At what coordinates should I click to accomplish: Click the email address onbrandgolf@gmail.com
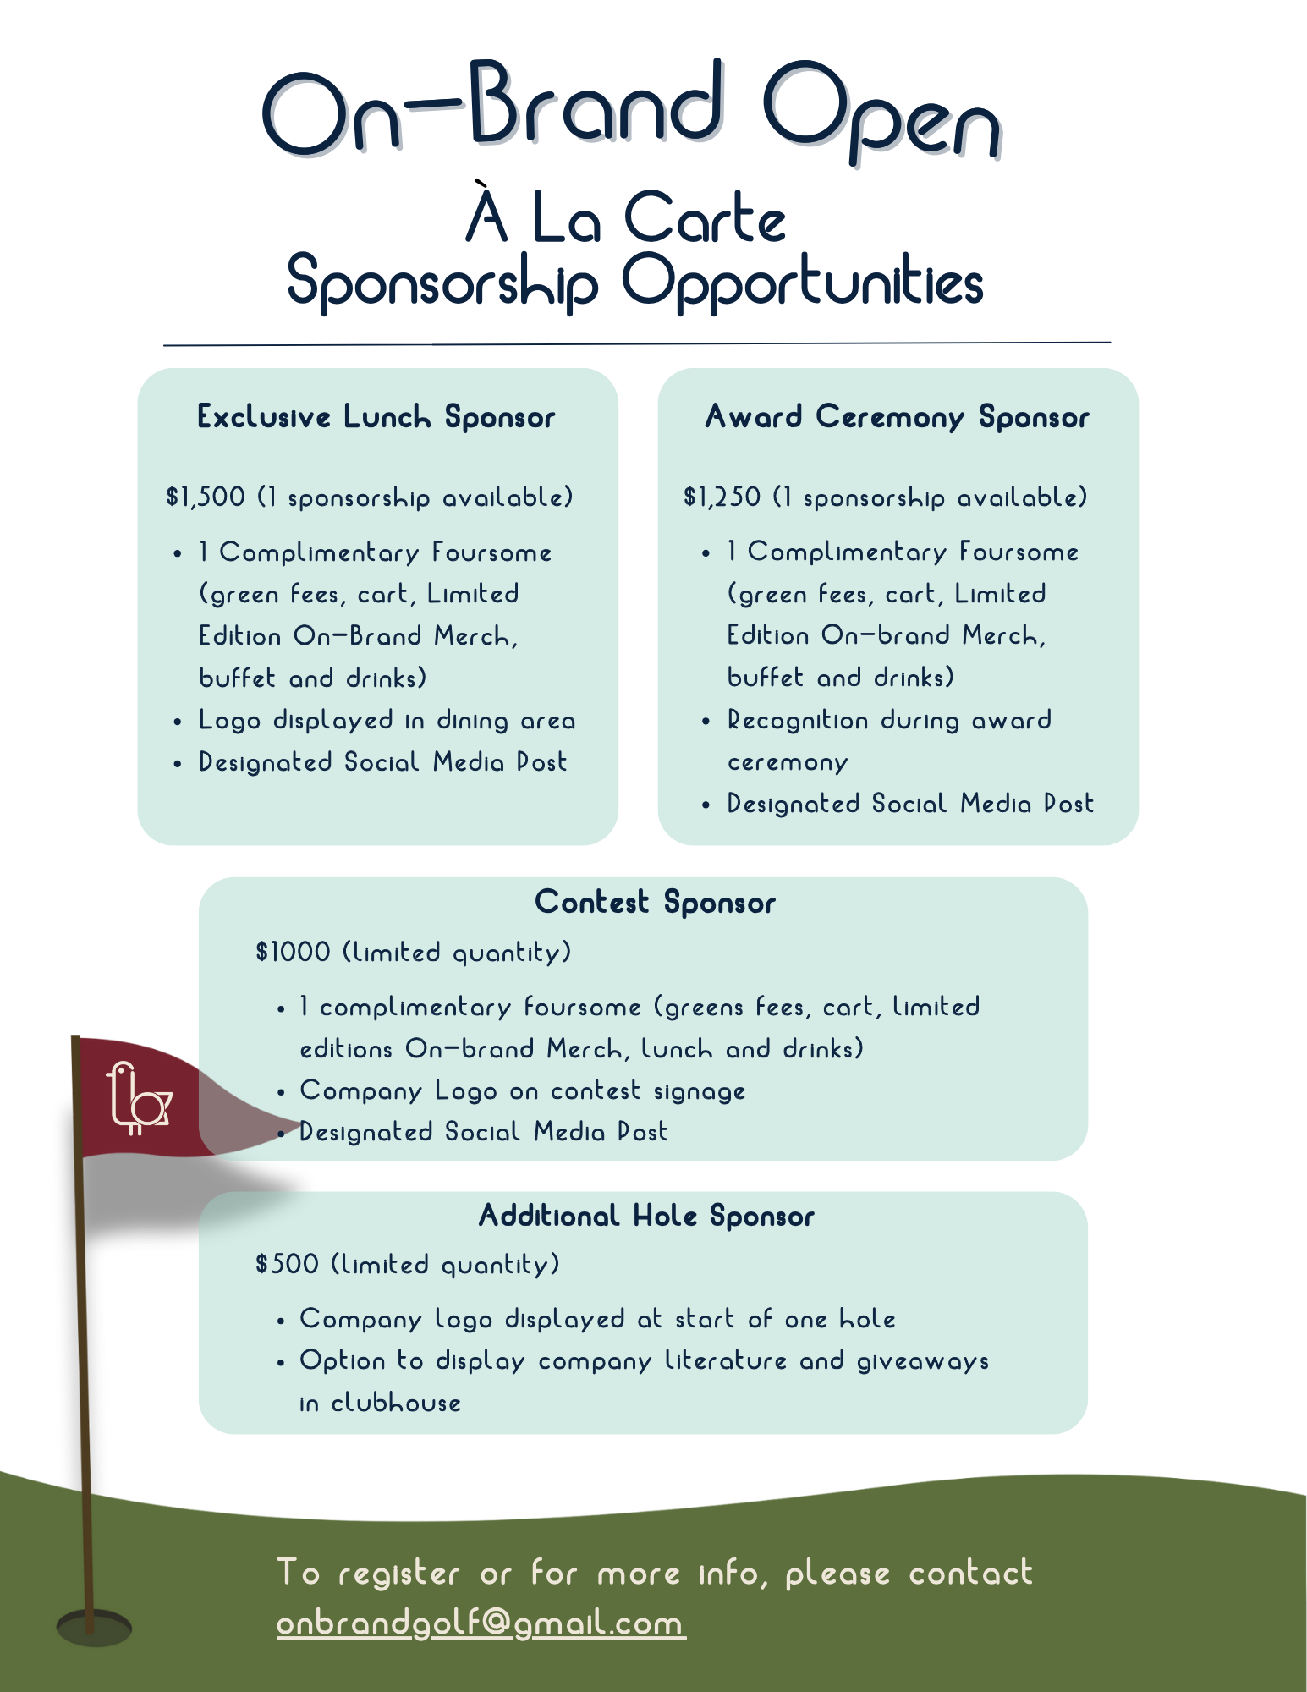(x=481, y=1623)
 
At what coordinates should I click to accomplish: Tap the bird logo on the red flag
(x=138, y=1098)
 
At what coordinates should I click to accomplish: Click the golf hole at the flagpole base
(x=94, y=1627)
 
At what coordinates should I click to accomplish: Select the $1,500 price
(x=206, y=497)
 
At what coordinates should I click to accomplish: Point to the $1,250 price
(x=722, y=497)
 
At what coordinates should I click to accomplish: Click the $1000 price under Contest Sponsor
(x=293, y=952)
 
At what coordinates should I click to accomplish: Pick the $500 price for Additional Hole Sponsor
(x=287, y=1264)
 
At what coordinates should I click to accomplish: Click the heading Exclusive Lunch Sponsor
(x=376, y=417)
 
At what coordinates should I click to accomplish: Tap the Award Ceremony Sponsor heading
(x=898, y=417)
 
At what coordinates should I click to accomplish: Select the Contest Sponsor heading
(x=655, y=903)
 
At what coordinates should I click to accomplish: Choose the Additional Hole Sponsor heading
(x=646, y=1217)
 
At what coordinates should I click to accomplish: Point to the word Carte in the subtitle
(x=705, y=218)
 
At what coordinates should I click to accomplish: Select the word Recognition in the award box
(x=798, y=720)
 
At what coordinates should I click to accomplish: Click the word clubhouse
(x=396, y=1403)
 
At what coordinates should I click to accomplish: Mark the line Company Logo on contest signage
(x=522, y=1090)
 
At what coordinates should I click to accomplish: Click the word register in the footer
(x=398, y=1574)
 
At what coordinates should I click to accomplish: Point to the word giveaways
(x=923, y=1361)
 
